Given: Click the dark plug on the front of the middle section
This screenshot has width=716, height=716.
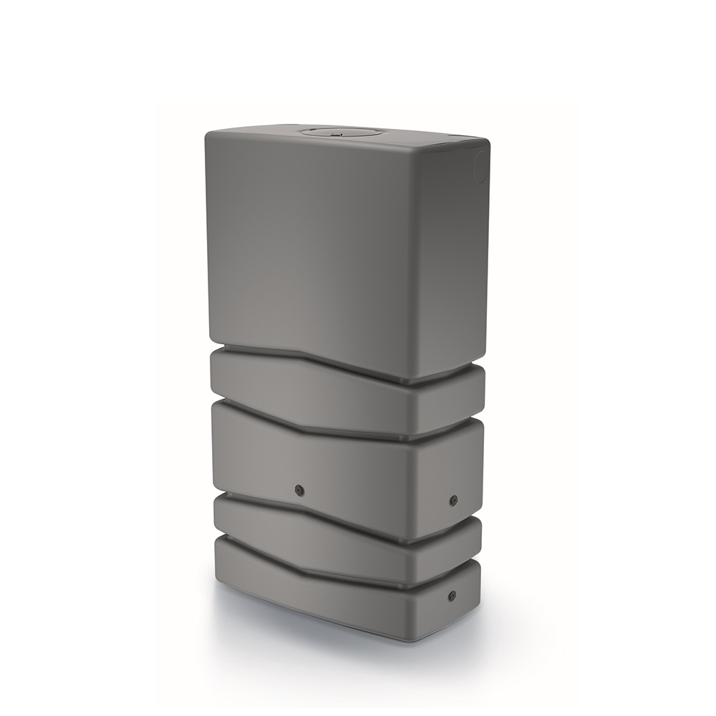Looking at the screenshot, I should [x=299, y=489].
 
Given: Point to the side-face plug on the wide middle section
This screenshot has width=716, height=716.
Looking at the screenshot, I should [x=453, y=500].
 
